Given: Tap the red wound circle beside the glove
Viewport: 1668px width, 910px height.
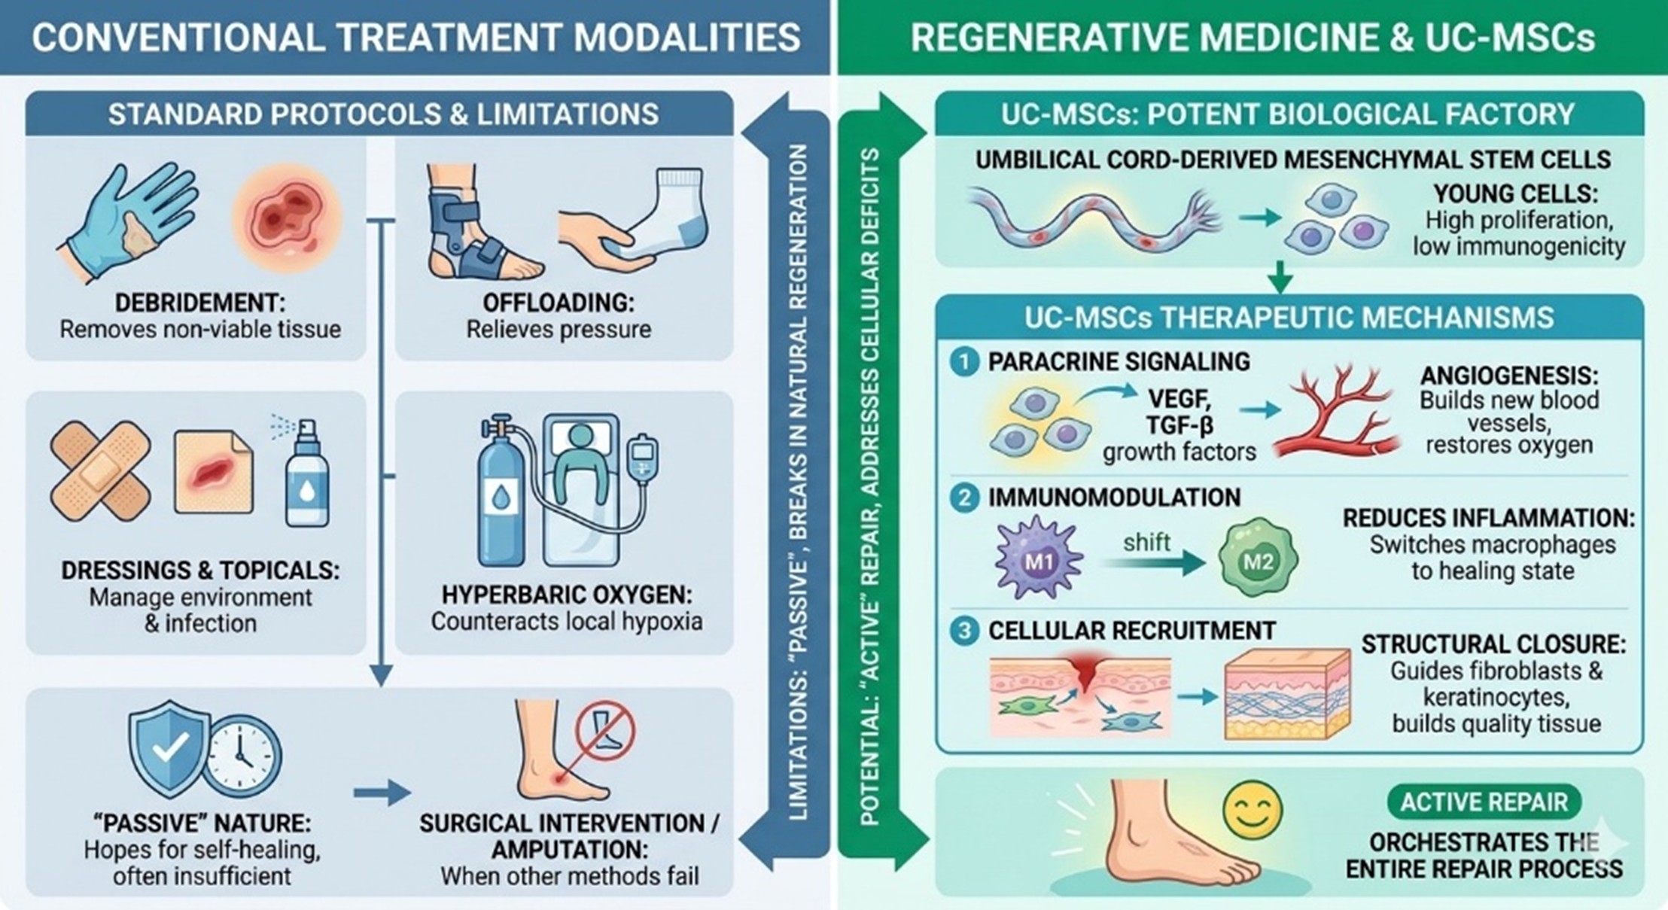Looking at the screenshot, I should pyautogui.click(x=287, y=218).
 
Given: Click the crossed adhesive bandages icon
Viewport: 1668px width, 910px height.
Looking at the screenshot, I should pyautogui.click(x=99, y=473).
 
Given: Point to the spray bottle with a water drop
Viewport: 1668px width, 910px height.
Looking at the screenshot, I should pyautogui.click(x=307, y=479).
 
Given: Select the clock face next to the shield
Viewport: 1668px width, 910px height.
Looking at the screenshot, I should pyautogui.click(x=242, y=756).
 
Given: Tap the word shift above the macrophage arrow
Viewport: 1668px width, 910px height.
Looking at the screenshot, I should pyautogui.click(x=1146, y=542).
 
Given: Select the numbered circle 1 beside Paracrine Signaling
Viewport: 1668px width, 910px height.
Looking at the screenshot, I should pyautogui.click(x=963, y=362).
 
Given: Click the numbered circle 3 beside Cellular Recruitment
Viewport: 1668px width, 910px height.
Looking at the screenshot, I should pyautogui.click(x=963, y=631).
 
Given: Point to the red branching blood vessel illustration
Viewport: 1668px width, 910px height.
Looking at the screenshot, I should pyautogui.click(x=1336, y=413).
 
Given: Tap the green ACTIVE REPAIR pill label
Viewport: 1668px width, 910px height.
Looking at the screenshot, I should pyautogui.click(x=1484, y=802).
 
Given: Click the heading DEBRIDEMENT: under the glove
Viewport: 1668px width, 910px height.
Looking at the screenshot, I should pyautogui.click(x=199, y=303).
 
